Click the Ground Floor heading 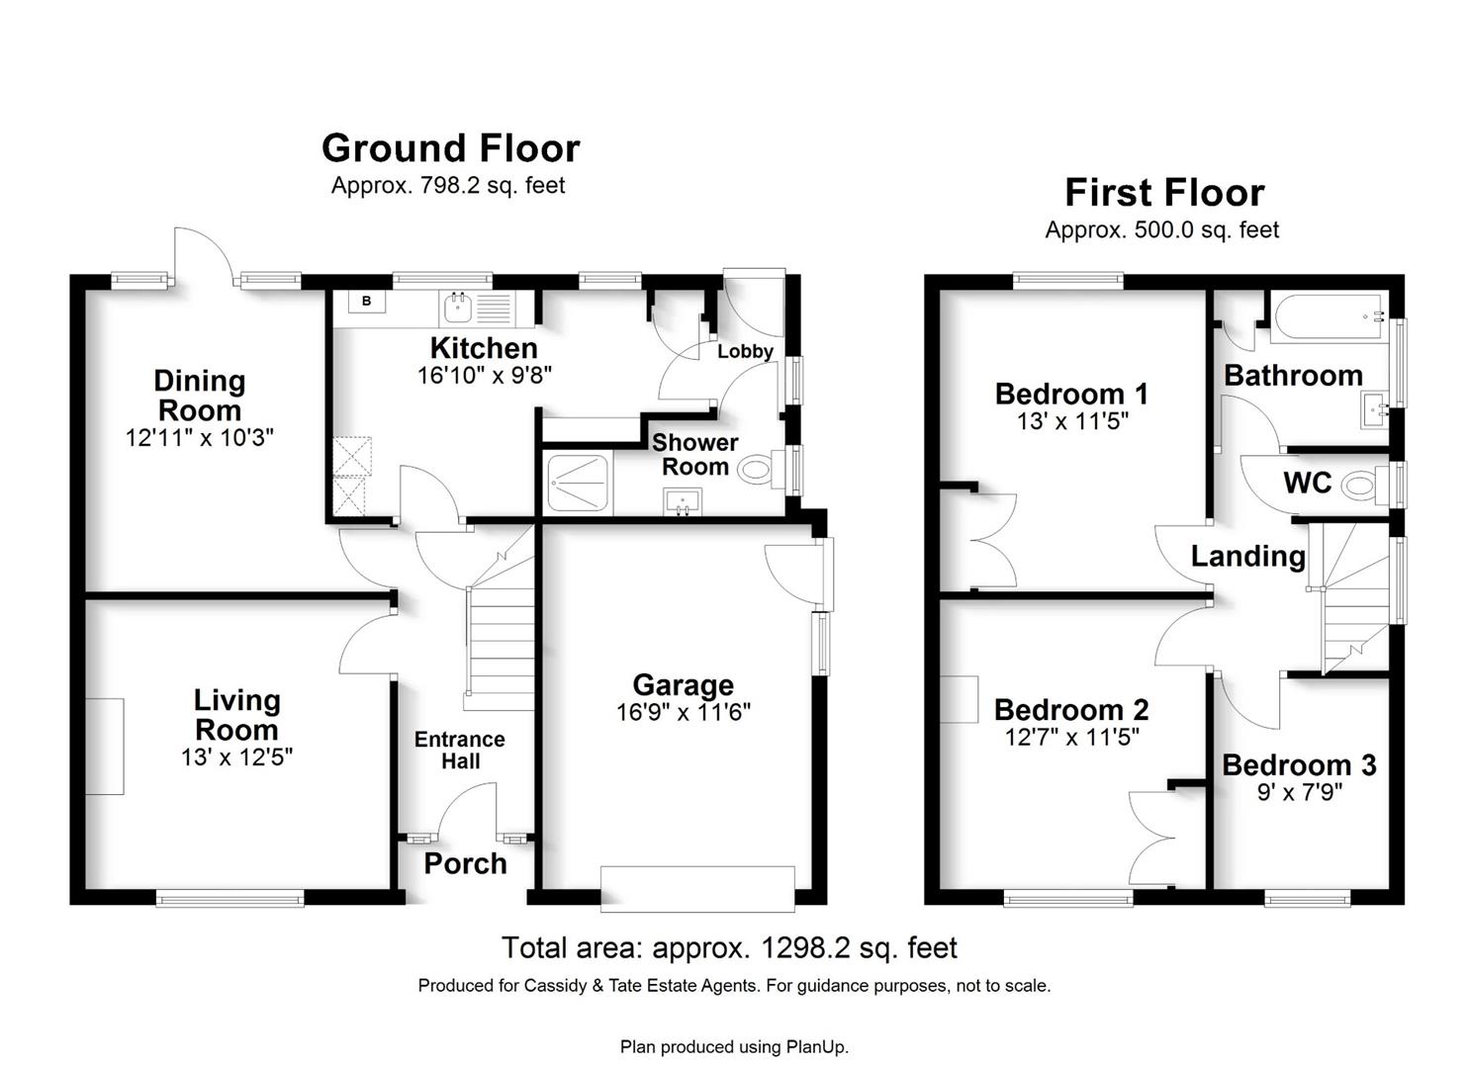click(x=450, y=148)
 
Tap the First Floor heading click(x=1164, y=193)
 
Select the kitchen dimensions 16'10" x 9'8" click(x=485, y=376)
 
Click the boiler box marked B click(x=367, y=301)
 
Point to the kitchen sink click(x=457, y=309)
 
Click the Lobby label click(x=745, y=351)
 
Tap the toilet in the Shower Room click(x=760, y=470)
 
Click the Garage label click(x=684, y=685)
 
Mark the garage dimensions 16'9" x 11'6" click(x=684, y=712)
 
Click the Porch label click(x=466, y=863)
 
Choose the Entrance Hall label click(x=460, y=750)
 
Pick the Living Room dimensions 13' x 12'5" click(x=236, y=757)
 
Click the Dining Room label click(x=200, y=396)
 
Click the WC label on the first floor click(x=1308, y=484)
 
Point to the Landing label click(x=1248, y=556)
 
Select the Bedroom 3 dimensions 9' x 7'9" click(x=1300, y=793)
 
